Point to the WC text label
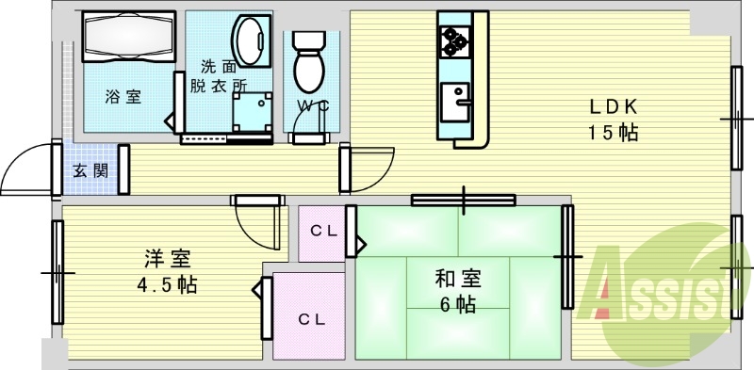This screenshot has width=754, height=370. click(x=313, y=105)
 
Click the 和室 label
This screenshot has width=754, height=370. click(x=459, y=279)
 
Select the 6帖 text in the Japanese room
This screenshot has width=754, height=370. click(x=459, y=304)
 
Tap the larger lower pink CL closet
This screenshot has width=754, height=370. click(x=312, y=318)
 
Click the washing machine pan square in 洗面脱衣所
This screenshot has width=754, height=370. click(x=251, y=110)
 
